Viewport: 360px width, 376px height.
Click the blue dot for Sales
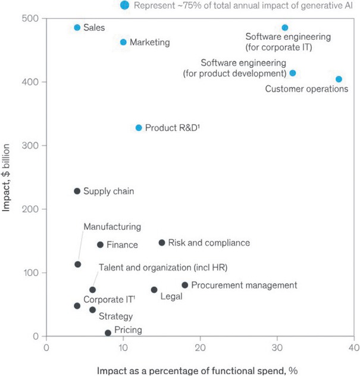coord(77,27)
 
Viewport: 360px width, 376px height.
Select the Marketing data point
coord(123,42)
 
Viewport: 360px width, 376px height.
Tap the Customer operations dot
coord(339,79)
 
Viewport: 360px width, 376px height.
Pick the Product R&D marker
coord(139,128)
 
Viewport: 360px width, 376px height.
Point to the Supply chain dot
coord(77,191)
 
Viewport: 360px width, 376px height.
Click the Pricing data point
coord(108,333)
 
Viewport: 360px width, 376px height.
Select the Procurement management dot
coord(185,286)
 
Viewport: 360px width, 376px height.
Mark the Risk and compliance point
coord(162,243)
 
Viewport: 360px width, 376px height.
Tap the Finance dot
coord(101,245)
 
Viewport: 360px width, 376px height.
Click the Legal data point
coord(154,290)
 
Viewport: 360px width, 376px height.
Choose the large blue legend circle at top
coord(124,5)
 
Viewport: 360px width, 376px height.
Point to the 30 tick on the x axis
coord(277,347)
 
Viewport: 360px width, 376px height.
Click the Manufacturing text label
coord(112,227)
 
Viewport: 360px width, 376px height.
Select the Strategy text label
coord(115,317)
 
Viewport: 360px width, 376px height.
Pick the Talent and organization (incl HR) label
coord(163,267)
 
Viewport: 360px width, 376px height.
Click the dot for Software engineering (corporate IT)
coord(285,28)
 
